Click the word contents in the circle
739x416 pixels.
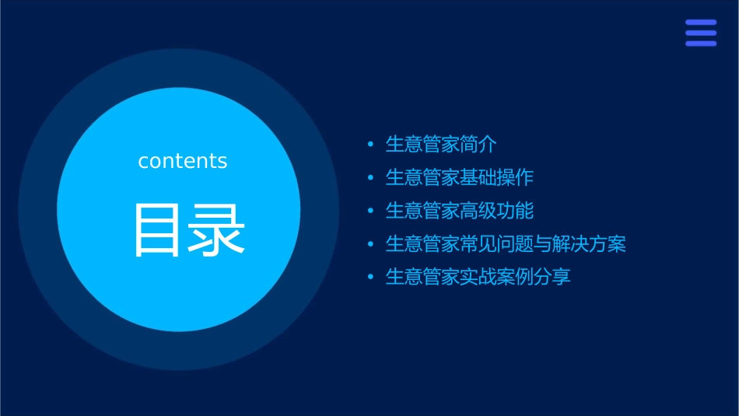pyautogui.click(x=183, y=161)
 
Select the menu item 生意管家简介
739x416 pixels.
pyautogui.click(x=441, y=145)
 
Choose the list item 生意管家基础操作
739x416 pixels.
pyautogui.click(x=460, y=177)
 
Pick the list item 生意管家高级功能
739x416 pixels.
pyautogui.click(x=460, y=211)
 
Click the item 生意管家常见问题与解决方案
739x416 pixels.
pyautogui.click(x=506, y=244)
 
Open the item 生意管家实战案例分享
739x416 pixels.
pyautogui.click(x=478, y=277)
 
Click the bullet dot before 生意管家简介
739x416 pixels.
pyautogui.click(x=370, y=145)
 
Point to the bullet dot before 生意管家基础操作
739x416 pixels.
pyautogui.click(x=370, y=178)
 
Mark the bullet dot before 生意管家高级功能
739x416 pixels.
pyautogui.click(x=370, y=211)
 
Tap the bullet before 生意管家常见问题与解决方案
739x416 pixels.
pyautogui.click(x=370, y=244)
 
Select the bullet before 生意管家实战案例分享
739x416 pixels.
pyautogui.click(x=370, y=277)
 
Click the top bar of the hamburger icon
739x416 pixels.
pyautogui.click(x=701, y=23)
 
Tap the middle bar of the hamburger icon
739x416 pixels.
pyautogui.click(x=701, y=33)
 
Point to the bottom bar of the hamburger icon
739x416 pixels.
pyautogui.click(x=701, y=44)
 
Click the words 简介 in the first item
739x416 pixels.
pyautogui.click(x=478, y=145)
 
